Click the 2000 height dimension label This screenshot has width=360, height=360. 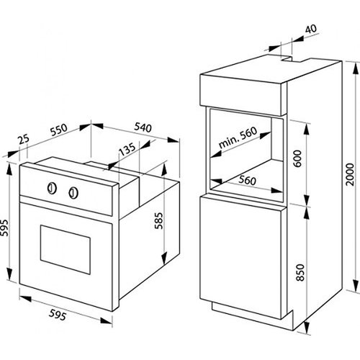pos(350,174)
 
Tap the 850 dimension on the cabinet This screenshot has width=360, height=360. pos(300,272)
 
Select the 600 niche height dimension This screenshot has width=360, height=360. pos(297,158)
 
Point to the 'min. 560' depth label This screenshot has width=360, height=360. pos(238,138)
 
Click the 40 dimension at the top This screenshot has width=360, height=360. pos(311,29)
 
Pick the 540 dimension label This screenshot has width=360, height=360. pos(143,127)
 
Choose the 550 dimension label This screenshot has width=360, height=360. pos(59,130)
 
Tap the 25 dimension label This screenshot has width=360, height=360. pos(24,139)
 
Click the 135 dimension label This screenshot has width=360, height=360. pos(127,149)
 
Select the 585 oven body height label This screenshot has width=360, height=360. pos(158,220)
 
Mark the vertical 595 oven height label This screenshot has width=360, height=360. pos(4,228)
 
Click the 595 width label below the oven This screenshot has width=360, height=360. pos(58,315)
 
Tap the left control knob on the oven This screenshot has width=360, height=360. pos(52,189)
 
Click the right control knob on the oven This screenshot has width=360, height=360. pos(73,193)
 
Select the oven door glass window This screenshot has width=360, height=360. pos(66,250)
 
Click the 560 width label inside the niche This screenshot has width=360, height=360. pos(247,180)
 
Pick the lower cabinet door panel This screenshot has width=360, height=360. pos(241,257)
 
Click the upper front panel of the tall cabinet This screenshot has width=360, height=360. pos(243,95)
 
